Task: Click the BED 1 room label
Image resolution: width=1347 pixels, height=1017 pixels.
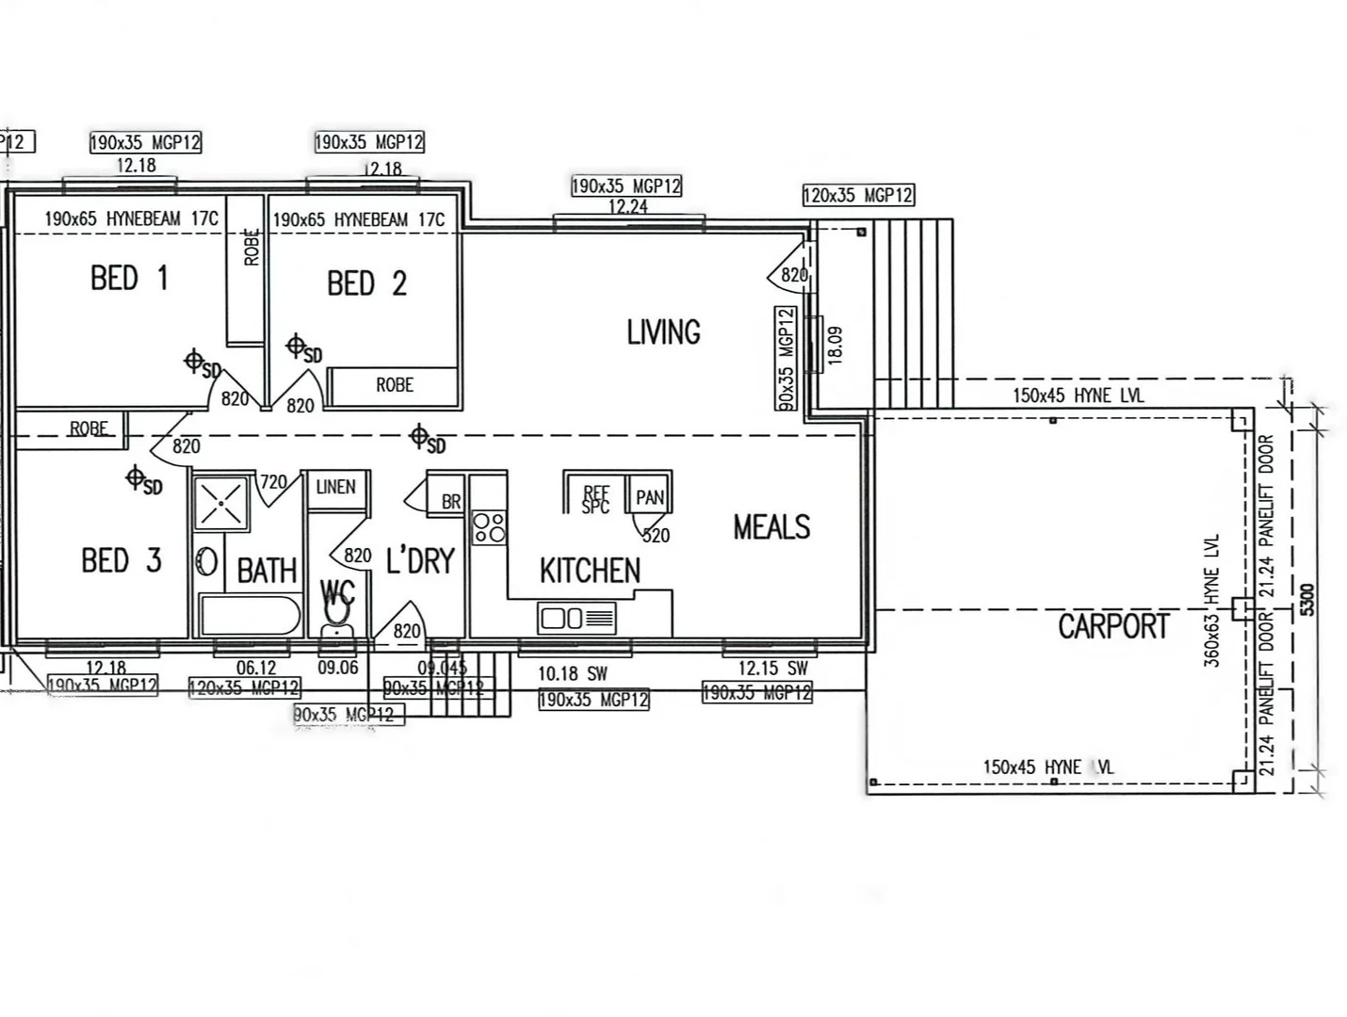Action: coord(129,279)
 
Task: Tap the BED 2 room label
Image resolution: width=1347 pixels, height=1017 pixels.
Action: coord(366,283)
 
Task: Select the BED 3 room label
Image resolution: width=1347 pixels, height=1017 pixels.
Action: coord(122,561)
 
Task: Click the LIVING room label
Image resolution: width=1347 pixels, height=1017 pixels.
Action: coord(663,332)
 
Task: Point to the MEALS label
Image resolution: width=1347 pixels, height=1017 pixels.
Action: coord(771,527)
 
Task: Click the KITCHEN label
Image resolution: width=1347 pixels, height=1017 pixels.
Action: coord(590,571)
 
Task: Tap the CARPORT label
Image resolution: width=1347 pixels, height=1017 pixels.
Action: coord(1112,626)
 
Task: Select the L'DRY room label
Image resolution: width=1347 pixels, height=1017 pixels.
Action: coord(420,561)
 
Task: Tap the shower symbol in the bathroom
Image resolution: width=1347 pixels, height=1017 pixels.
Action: coord(221,504)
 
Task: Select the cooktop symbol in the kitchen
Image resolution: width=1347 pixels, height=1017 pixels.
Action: coord(489,527)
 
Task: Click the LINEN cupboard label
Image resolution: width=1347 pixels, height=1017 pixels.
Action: coord(335,487)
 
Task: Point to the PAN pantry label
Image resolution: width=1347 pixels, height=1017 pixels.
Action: coord(649,497)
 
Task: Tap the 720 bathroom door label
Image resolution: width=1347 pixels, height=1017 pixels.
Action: coord(273,482)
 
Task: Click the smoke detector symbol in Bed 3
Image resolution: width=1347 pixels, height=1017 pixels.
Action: coord(137,478)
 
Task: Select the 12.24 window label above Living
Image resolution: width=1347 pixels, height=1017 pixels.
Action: coord(627,206)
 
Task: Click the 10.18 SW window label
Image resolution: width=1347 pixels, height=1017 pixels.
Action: coord(573,674)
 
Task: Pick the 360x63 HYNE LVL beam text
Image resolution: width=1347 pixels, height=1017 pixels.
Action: coord(1211,601)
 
